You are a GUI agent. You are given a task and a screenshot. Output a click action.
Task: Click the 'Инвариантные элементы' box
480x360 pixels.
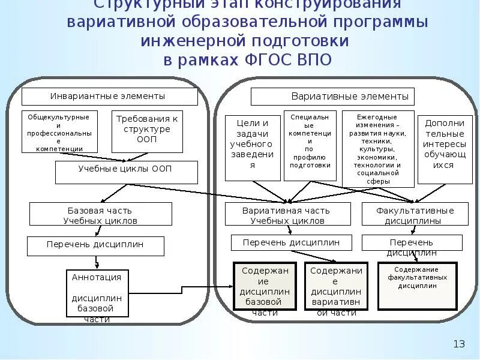(109, 96)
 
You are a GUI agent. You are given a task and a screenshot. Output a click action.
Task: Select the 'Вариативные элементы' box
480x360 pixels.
(332, 96)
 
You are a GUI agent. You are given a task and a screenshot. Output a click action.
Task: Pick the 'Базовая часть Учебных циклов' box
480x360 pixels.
(100, 214)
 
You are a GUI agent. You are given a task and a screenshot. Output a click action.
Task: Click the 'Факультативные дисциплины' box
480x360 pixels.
(415, 214)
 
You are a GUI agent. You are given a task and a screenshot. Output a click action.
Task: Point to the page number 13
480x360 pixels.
(459, 344)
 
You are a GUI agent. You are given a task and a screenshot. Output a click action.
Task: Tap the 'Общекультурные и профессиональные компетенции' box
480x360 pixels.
(59, 131)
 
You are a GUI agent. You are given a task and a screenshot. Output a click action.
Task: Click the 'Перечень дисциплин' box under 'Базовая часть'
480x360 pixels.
(95, 245)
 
